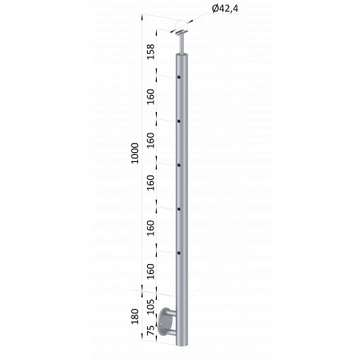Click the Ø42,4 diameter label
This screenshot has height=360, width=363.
(x=225, y=9)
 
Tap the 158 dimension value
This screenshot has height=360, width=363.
(x=151, y=52)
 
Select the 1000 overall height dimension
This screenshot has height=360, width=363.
(x=135, y=153)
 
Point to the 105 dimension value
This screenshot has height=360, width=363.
(x=151, y=306)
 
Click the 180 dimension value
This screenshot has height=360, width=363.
(x=135, y=317)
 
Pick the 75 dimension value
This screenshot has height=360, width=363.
(x=151, y=330)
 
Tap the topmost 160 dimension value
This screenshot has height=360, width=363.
(x=151, y=96)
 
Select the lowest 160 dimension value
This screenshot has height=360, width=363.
(x=151, y=271)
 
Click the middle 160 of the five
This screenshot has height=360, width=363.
(x=151, y=183)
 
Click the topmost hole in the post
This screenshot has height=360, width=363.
(x=178, y=77)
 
